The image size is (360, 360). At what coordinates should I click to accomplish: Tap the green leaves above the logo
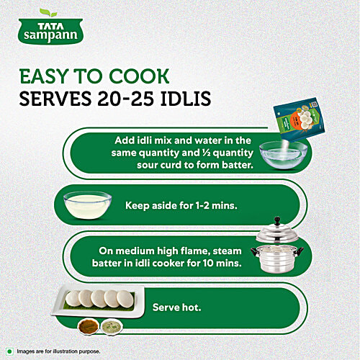(48, 12)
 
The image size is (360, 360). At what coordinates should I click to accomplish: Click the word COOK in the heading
(139, 76)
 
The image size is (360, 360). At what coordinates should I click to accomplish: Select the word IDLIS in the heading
(186, 99)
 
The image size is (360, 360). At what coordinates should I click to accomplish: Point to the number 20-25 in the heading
(125, 99)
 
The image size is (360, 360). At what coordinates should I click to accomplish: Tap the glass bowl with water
(283, 155)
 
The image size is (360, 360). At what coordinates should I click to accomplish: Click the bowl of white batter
(88, 205)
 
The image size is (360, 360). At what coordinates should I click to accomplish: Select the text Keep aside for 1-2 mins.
(181, 206)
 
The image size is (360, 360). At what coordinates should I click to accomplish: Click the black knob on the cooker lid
(277, 220)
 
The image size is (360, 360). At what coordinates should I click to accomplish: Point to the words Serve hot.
(176, 307)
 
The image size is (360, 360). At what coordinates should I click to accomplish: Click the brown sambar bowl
(88, 326)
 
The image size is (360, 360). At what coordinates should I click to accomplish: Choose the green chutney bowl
(112, 326)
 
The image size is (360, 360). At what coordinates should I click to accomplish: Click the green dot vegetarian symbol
(9, 351)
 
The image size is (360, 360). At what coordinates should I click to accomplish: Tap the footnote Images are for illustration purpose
(58, 351)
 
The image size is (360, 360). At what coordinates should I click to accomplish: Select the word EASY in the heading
(44, 76)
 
